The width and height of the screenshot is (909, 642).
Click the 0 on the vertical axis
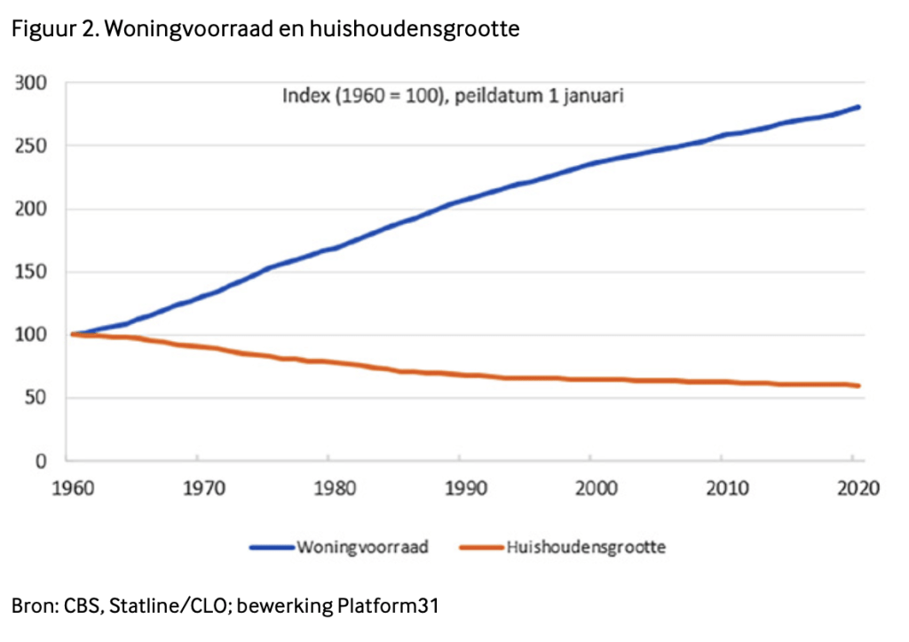coord(40,461)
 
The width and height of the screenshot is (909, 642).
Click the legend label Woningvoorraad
coord(362,547)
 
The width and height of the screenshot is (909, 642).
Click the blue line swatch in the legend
coord(270,547)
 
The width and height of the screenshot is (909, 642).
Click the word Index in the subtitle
coord(304,96)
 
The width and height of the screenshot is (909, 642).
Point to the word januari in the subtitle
coord(594,96)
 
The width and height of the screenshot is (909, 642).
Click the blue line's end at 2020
coord(858,107)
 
